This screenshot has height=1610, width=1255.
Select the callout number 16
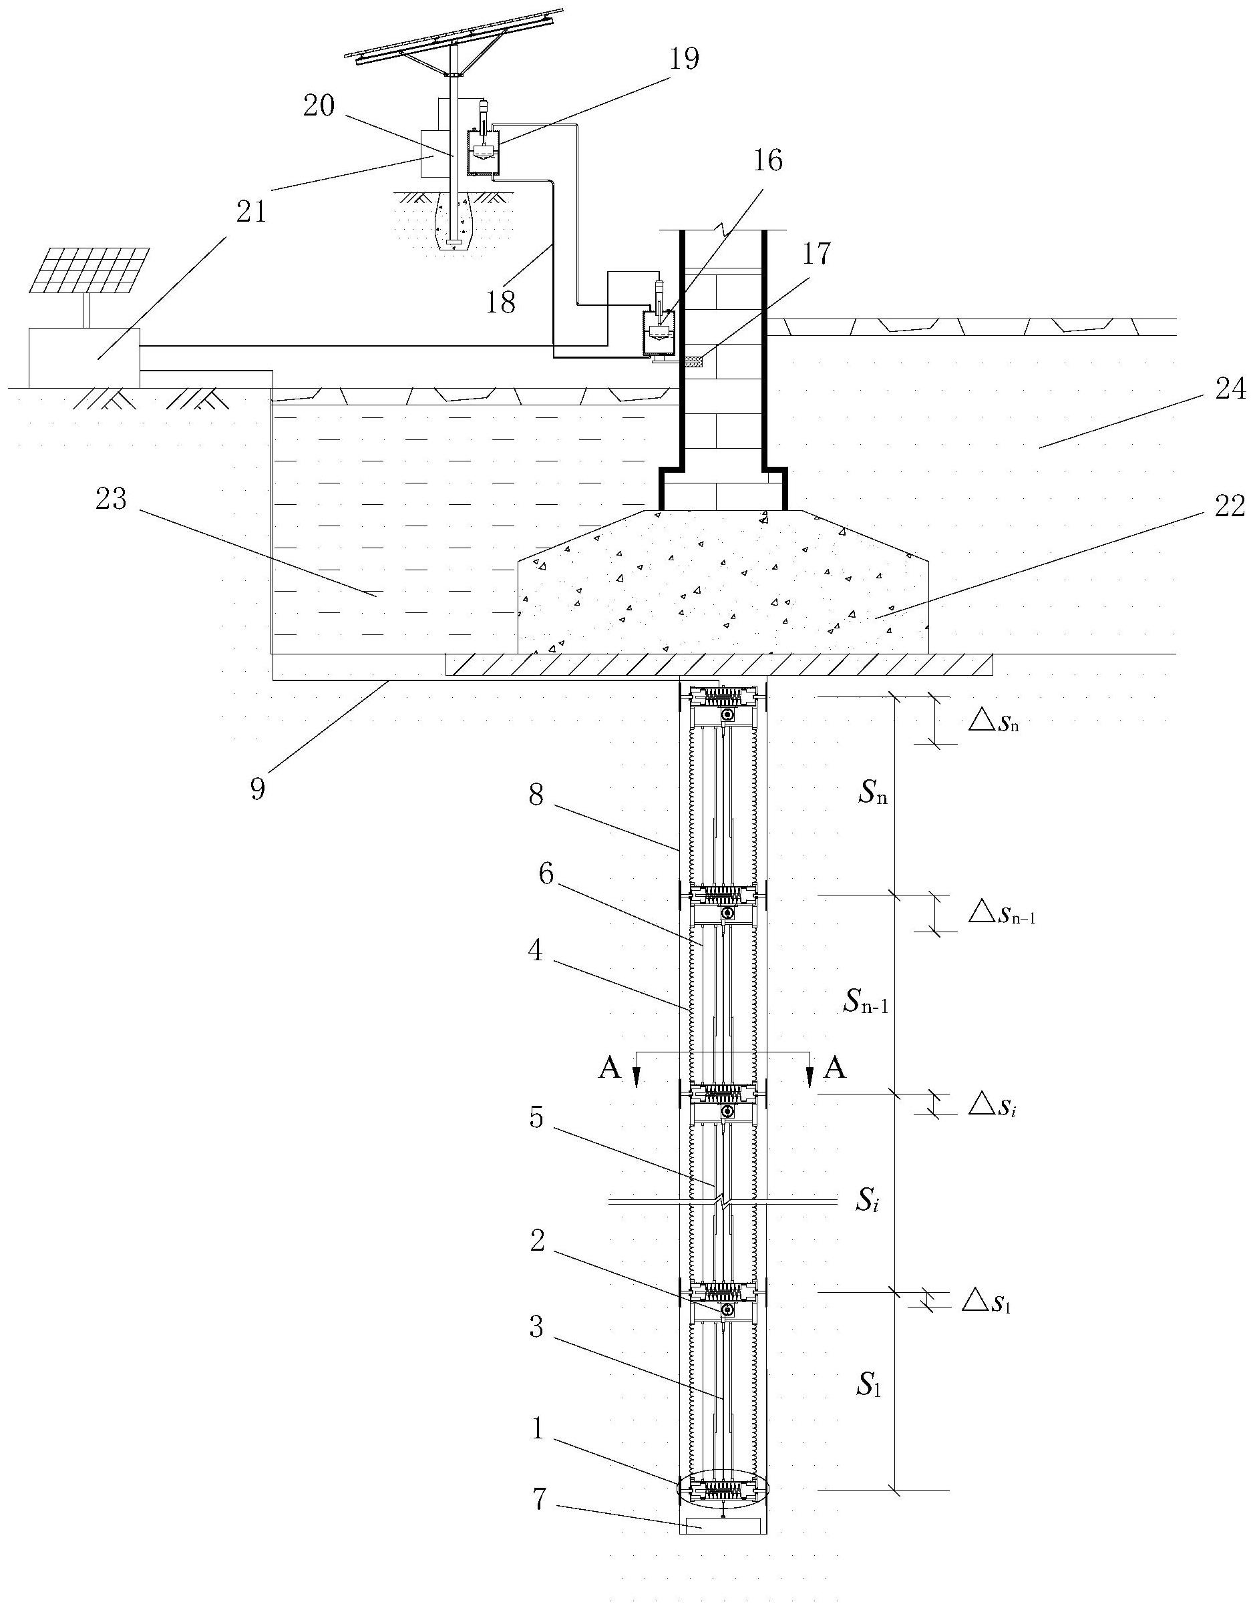[767, 160]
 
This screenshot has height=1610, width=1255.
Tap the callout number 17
[816, 254]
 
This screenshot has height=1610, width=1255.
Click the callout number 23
[111, 499]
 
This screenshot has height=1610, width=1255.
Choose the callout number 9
[256, 789]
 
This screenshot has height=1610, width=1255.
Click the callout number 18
[501, 303]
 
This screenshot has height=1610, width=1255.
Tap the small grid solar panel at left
[93, 269]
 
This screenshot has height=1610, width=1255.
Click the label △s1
[986, 1303]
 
